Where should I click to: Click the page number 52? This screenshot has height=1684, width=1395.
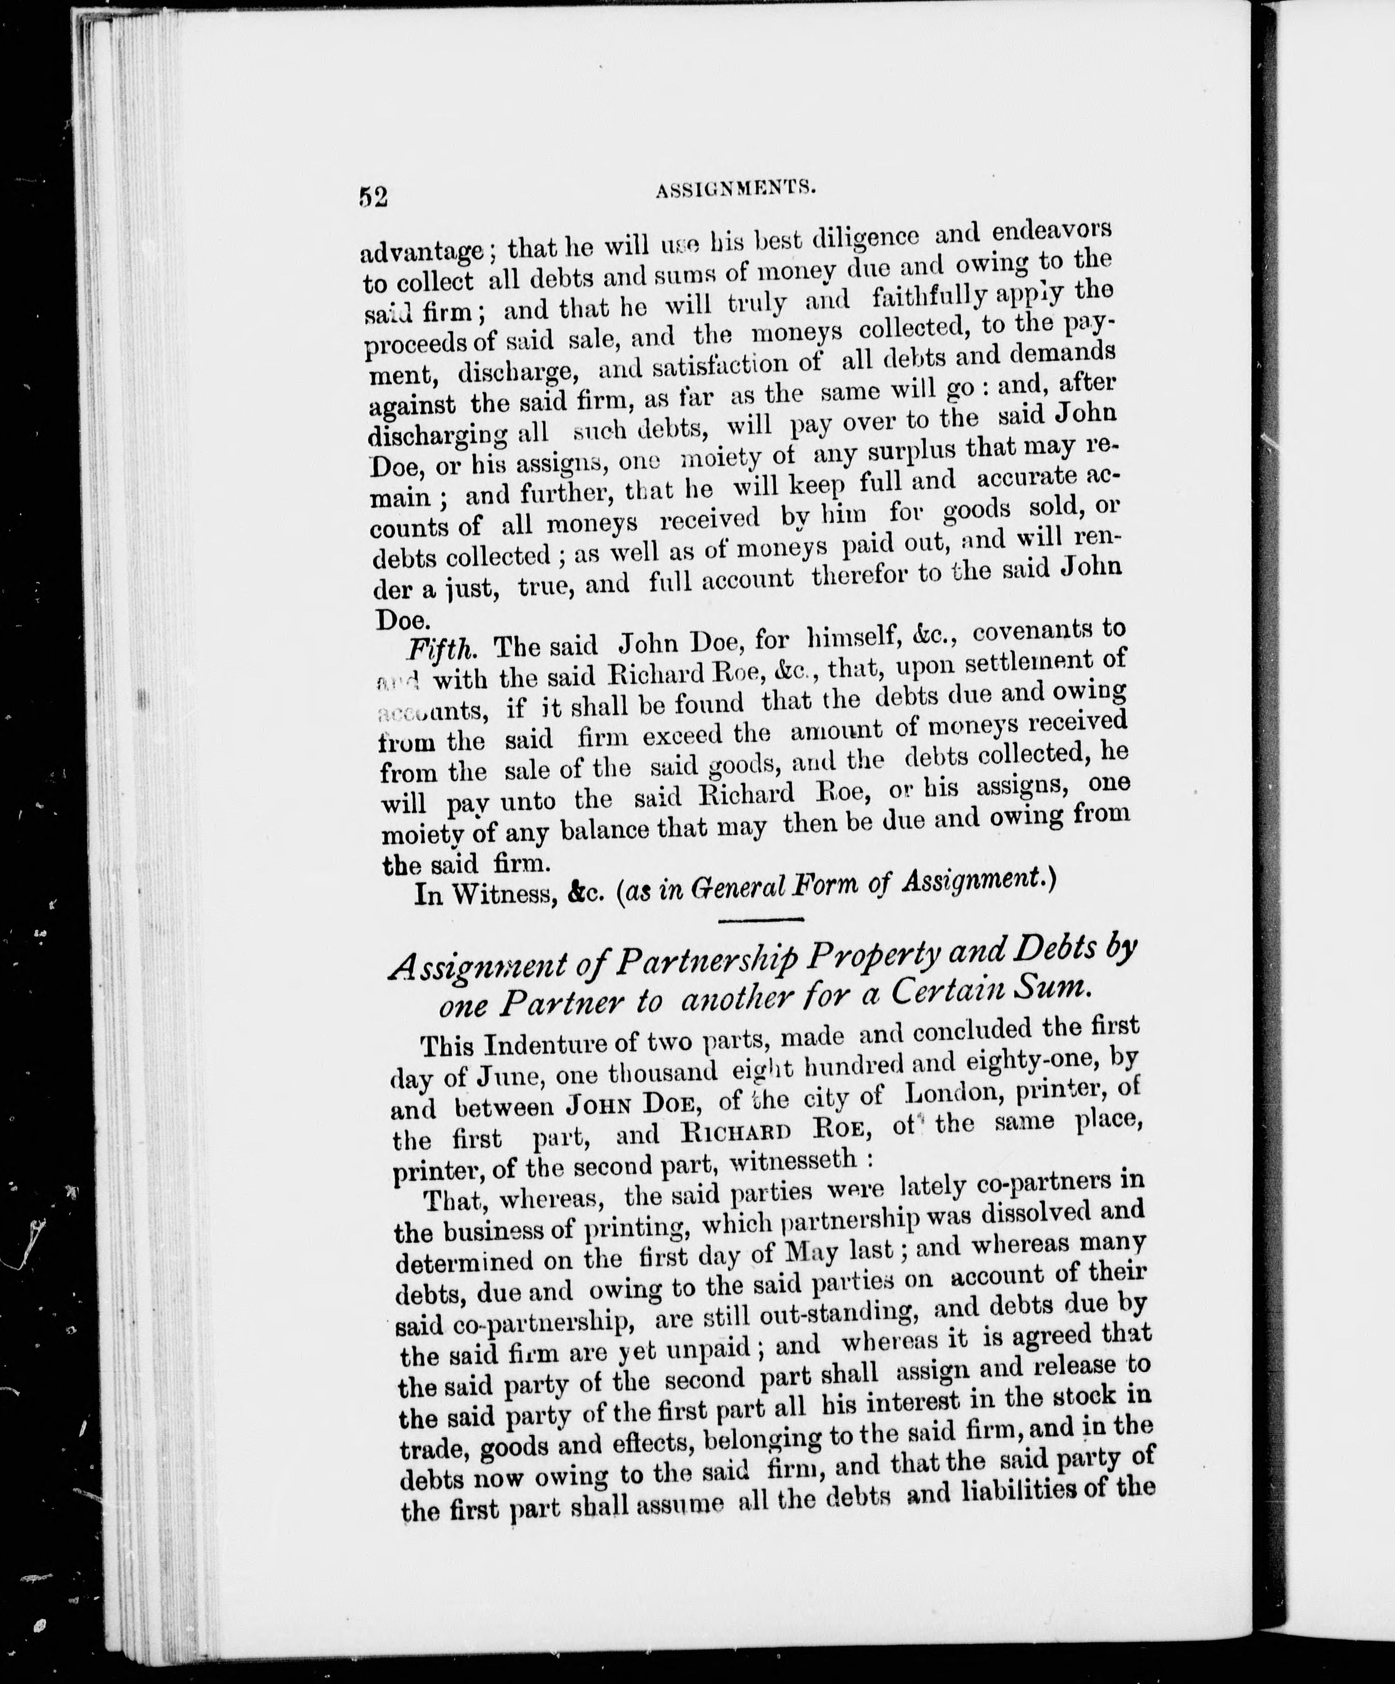click(x=374, y=197)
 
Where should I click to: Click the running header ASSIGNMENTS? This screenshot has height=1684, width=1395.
click(x=736, y=190)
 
